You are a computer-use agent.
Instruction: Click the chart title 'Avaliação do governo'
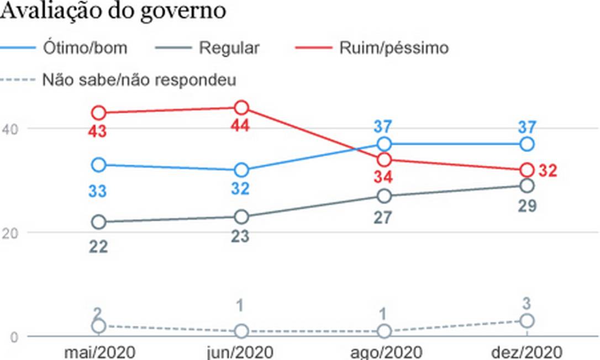pos(113,11)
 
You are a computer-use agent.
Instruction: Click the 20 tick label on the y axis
pos(10,232)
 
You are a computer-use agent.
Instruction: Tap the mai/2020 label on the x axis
pos(99,352)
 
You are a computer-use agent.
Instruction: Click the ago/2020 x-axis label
pos(385,352)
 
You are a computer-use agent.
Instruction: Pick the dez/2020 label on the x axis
pos(527,352)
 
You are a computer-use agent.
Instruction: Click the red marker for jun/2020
pos(241,108)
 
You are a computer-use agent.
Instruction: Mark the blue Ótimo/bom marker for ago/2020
pos(385,144)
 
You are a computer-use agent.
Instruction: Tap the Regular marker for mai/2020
pos(99,222)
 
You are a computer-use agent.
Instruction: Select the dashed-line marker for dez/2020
pos(527,321)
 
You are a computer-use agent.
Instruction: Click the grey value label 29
pos(527,207)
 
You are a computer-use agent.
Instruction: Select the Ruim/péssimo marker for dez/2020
pos(527,170)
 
